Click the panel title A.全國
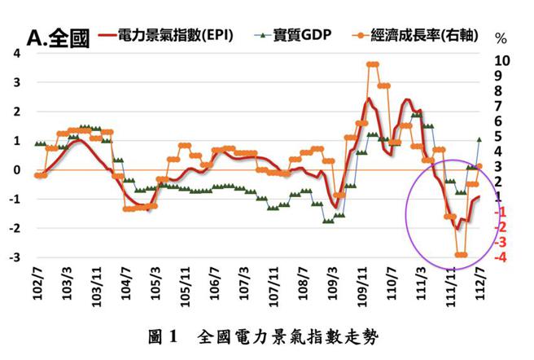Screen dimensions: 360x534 [x=58, y=38]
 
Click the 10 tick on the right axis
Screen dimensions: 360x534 [x=503, y=61]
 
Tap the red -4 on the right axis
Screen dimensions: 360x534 [x=502, y=257]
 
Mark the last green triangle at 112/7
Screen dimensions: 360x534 [x=479, y=139]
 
